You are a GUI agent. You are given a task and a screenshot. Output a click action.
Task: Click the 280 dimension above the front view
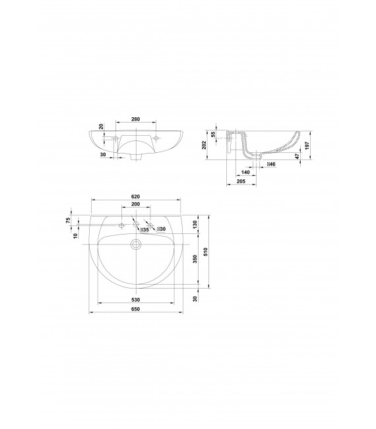click(x=135, y=119)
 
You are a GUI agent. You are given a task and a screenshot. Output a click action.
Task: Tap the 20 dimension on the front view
click(x=101, y=127)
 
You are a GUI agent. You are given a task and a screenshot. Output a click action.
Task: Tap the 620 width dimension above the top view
click(x=135, y=196)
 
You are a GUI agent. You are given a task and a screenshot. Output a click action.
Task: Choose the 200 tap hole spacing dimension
click(x=135, y=206)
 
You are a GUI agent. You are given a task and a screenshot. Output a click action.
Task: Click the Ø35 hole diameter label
click(x=143, y=229)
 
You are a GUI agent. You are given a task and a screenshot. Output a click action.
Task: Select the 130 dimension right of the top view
click(x=195, y=224)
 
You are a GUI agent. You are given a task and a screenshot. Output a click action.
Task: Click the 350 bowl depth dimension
click(x=195, y=259)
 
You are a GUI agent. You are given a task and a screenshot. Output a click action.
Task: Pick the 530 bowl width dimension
click(x=135, y=300)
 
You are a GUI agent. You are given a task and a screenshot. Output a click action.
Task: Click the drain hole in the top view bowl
click(x=136, y=244)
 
